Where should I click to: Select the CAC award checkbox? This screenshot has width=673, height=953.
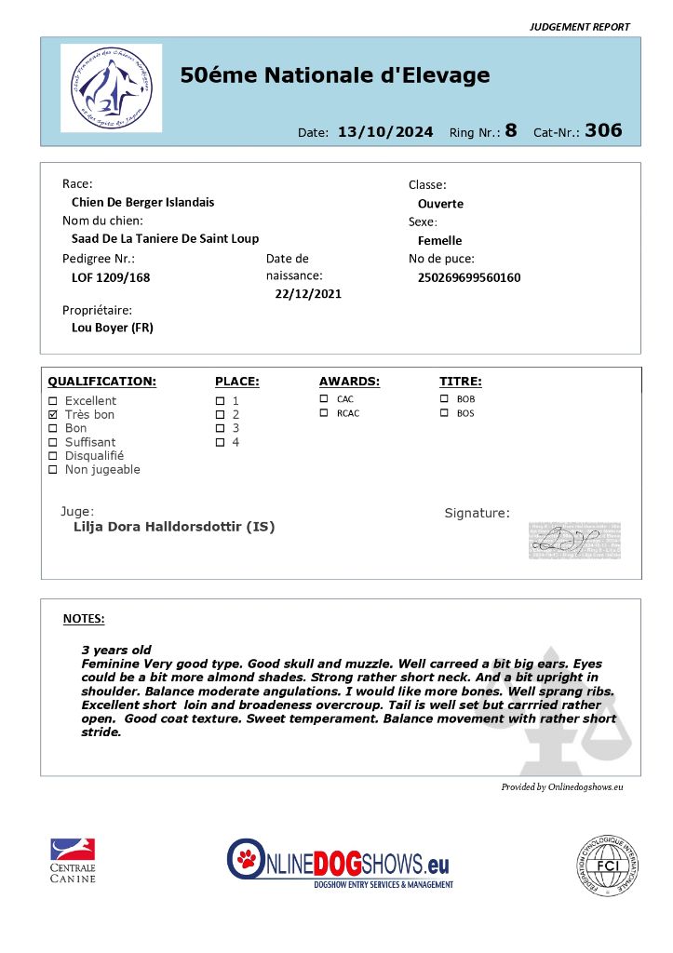324,399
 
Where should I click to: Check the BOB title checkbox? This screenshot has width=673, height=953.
444,399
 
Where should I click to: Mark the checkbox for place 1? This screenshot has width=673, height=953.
220,401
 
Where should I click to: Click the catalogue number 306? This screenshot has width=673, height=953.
603,130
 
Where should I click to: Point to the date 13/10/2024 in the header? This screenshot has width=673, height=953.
385,132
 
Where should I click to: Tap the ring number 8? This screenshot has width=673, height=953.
511,130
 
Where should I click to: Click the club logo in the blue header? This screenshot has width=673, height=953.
111,87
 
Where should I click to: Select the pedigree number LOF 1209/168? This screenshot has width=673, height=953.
111,277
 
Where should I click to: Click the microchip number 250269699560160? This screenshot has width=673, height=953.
469,277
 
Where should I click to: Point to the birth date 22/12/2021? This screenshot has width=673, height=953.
308,294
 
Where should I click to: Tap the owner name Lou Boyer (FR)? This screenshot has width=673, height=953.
113,328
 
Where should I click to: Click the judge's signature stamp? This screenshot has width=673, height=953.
574,541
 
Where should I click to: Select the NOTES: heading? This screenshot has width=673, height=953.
84,619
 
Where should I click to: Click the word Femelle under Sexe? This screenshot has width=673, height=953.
440,241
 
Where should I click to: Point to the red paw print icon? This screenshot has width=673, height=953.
247,857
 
